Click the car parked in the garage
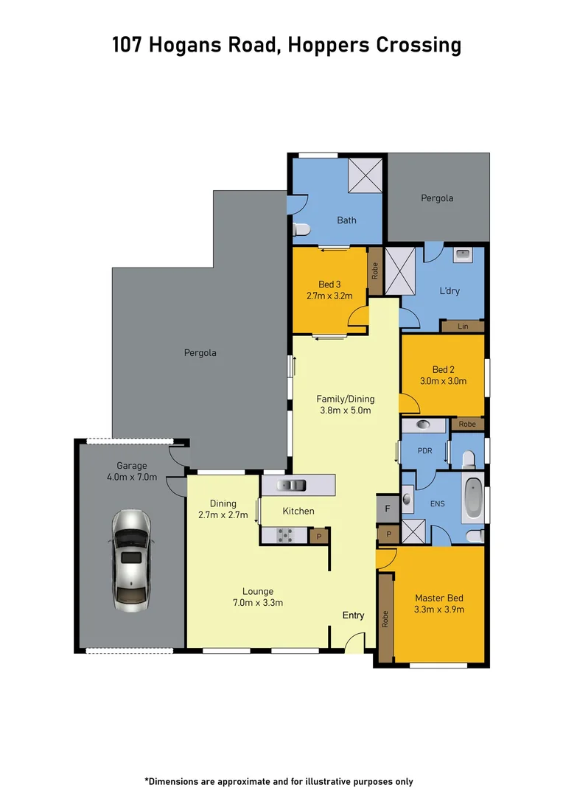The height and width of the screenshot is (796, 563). (131, 560)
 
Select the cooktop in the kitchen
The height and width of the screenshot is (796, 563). (285, 536)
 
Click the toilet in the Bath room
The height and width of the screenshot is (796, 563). (299, 231)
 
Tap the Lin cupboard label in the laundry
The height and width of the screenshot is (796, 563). (462, 326)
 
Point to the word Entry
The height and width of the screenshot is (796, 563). (353, 615)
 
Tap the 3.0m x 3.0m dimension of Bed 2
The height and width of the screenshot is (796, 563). (443, 381)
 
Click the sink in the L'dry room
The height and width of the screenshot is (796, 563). (463, 254)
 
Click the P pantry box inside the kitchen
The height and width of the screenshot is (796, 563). (318, 537)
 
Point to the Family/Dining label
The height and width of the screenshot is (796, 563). (346, 399)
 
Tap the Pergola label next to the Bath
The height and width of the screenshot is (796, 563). (437, 198)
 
